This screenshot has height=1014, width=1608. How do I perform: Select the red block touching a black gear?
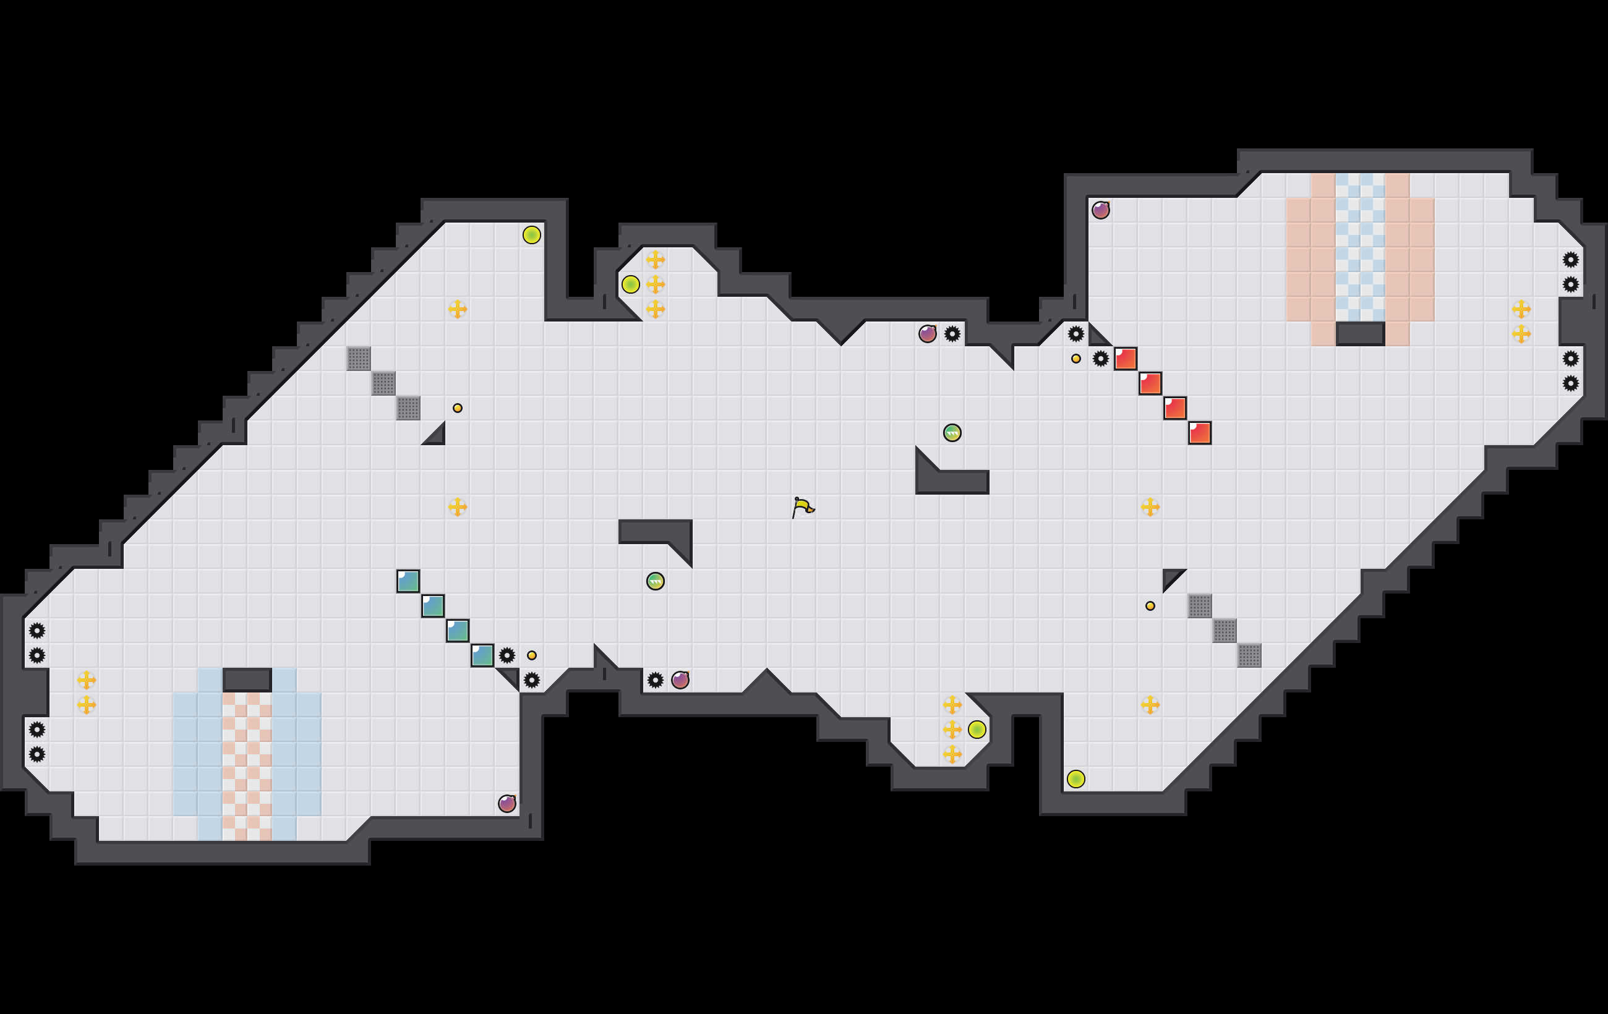[1125, 359]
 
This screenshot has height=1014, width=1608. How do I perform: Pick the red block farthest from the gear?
[1199, 433]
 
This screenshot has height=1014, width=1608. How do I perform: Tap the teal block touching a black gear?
[482, 655]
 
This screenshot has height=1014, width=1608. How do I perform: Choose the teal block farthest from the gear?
[408, 581]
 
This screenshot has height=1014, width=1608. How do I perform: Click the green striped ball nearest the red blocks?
[952, 433]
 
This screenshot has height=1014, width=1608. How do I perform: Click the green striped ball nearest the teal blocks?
[655, 581]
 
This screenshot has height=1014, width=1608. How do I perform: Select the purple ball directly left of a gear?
[928, 334]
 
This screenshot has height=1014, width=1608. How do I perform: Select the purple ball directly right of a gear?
[680, 680]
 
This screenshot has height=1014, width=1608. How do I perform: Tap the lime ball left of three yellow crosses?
[630, 284]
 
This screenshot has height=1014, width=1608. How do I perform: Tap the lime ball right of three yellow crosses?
[977, 730]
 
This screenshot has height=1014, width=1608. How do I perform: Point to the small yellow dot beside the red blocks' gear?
[1076, 359]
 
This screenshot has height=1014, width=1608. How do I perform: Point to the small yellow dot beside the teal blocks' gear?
[531, 655]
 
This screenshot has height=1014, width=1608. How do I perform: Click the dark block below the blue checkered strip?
[1360, 334]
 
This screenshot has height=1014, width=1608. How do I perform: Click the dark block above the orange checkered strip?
[247, 680]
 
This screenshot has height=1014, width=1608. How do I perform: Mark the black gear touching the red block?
[1100, 359]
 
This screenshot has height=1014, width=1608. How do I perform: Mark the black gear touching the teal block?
[507, 655]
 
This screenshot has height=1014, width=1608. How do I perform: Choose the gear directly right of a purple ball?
[952, 334]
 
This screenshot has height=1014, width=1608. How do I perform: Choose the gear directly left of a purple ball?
[655, 680]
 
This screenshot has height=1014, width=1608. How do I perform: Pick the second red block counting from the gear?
[1150, 383]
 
